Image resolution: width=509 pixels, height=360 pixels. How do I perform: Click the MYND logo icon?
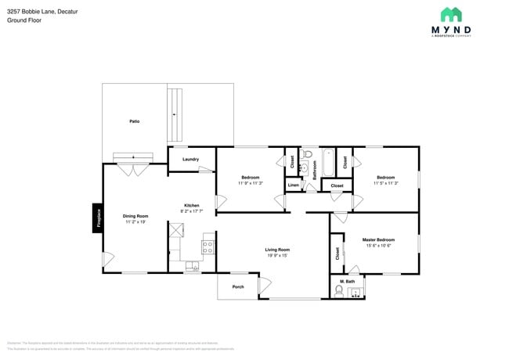(x=451, y=14)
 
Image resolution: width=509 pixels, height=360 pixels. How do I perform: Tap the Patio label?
(x=135, y=121)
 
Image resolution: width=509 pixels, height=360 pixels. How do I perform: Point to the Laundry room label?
(x=190, y=159)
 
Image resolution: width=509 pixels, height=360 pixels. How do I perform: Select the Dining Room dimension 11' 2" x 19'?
(x=135, y=222)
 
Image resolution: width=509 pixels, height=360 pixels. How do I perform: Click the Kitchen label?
(x=192, y=206)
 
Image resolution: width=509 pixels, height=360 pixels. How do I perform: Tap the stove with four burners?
(x=208, y=247)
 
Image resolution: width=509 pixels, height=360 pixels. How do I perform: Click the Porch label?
(x=238, y=286)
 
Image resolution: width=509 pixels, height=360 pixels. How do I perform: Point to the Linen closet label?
(x=293, y=185)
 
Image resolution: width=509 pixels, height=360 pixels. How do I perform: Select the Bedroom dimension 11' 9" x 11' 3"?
(x=250, y=183)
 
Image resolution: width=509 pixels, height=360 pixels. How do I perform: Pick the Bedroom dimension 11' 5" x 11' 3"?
(x=385, y=183)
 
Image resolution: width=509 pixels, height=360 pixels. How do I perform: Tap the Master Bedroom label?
(x=378, y=239)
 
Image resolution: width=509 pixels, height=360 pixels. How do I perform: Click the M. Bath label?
(x=348, y=281)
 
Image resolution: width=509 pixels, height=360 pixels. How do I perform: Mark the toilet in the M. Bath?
(x=338, y=293)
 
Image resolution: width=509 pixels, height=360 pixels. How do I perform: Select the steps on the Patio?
(x=175, y=114)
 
